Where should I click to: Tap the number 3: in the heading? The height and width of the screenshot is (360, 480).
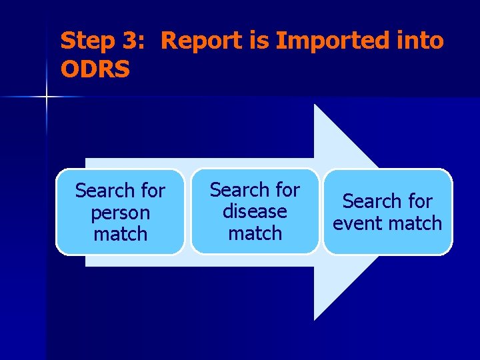(133, 41)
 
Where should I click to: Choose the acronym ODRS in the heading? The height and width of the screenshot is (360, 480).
(95, 69)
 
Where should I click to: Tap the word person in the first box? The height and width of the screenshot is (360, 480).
(120, 213)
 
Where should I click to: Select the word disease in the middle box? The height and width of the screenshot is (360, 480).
(255, 212)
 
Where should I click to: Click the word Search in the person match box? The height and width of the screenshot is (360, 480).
(101, 191)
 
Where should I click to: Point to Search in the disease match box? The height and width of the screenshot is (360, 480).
(236, 190)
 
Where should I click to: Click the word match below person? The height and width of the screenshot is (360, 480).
(120, 235)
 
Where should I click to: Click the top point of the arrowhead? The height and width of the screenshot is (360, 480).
(315, 105)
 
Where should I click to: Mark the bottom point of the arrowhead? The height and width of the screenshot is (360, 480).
(315, 319)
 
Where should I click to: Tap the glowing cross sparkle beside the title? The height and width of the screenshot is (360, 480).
(47, 97)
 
